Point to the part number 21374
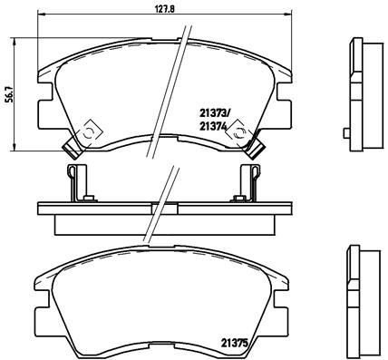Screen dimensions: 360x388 [213, 128]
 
